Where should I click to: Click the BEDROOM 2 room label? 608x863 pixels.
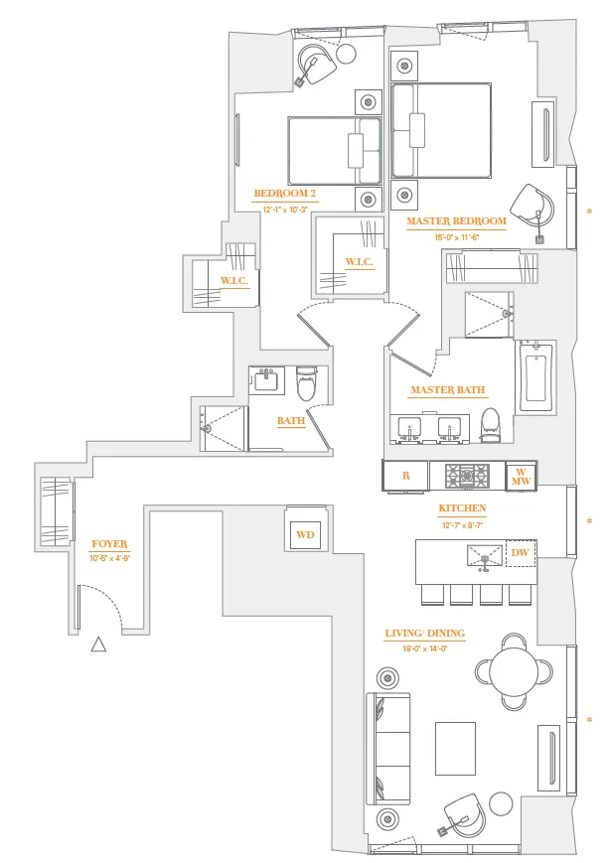pyautogui.click(x=285, y=194)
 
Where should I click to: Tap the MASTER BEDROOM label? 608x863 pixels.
pyautogui.click(x=456, y=221)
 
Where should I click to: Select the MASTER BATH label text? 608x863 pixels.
pyautogui.click(x=447, y=390)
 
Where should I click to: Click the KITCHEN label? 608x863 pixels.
pyautogui.click(x=462, y=508)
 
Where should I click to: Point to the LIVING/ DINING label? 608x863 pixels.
pyautogui.click(x=424, y=633)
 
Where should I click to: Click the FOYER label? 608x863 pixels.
pyautogui.click(x=109, y=544)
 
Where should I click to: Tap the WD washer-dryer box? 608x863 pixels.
pyautogui.click(x=305, y=535)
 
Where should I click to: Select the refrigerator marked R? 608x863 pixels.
pyautogui.click(x=405, y=476)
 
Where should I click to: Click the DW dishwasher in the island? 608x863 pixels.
pyautogui.click(x=520, y=553)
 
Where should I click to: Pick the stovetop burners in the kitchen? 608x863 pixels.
pyautogui.click(x=466, y=475)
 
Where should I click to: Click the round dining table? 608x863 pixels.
pyautogui.click(x=515, y=670)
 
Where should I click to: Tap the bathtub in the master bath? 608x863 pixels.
pyautogui.click(x=535, y=377)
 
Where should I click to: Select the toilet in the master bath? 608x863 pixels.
pyautogui.click(x=489, y=424)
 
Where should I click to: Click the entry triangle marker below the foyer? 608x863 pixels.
pyautogui.click(x=98, y=645)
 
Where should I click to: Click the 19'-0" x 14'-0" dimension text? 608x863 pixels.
pyautogui.click(x=424, y=647)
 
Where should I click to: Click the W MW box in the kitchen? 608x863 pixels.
pyautogui.click(x=521, y=476)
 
